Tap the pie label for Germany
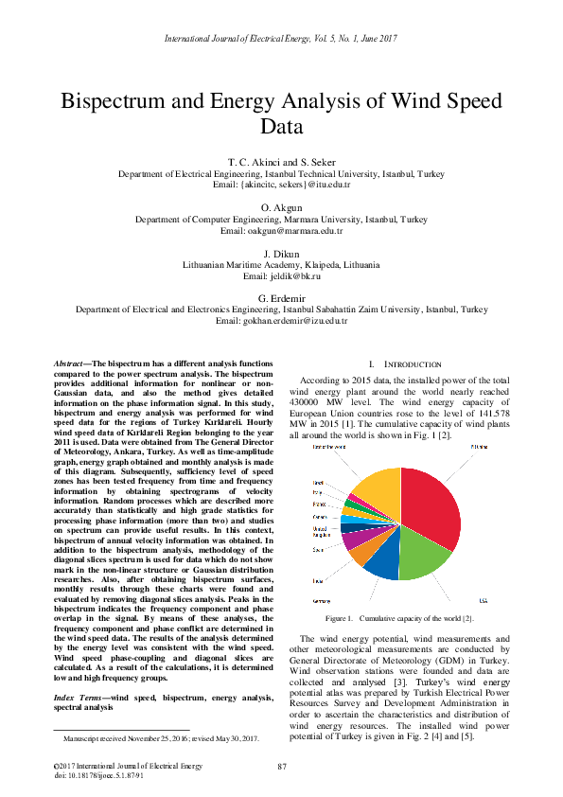pyautogui.click(x=322, y=601)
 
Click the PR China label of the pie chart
pyautogui.click(x=480, y=446)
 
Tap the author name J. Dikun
pyautogui.click(x=281, y=253)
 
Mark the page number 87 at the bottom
pyautogui.click(x=281, y=766)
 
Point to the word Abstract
pyautogui.click(x=68, y=363)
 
